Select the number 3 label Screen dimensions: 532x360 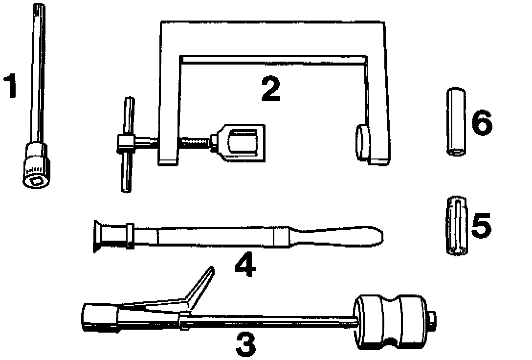[x=246, y=343]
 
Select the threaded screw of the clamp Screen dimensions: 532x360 [x=195, y=142]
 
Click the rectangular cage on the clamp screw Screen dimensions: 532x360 [x=242, y=142]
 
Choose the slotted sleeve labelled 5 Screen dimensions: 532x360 [x=456, y=225]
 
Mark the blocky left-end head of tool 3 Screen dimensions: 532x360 [x=98, y=318]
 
